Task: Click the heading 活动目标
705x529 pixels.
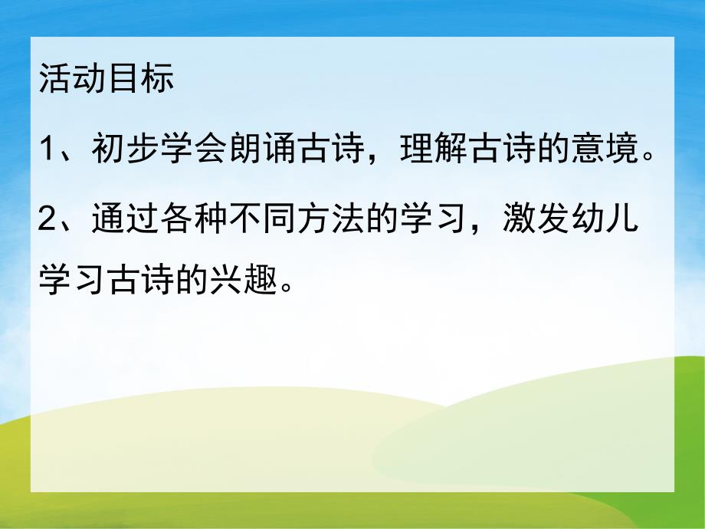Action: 106,80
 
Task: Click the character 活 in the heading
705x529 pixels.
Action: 54,80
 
